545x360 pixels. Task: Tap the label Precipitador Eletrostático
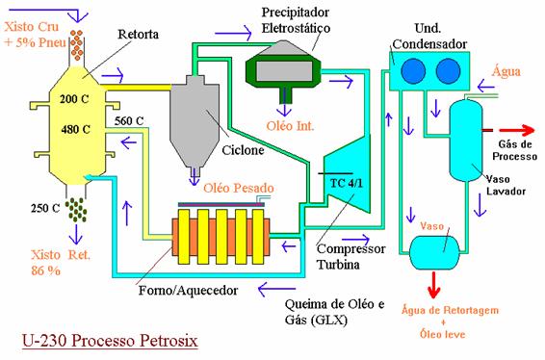pyautogui.click(x=296, y=20)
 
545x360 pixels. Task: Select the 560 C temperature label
pyautogui.click(x=129, y=121)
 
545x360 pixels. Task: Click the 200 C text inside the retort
pyautogui.click(x=74, y=99)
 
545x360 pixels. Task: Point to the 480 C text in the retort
pyautogui.click(x=75, y=130)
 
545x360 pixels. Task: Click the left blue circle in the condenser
pyautogui.click(x=413, y=71)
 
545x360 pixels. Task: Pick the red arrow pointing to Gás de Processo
pyautogui.click(x=517, y=130)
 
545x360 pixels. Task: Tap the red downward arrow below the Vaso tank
pyautogui.click(x=433, y=285)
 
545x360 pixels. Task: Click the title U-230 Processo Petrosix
pyautogui.click(x=110, y=340)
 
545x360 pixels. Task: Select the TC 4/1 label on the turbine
pyautogui.click(x=346, y=183)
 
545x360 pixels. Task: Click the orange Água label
pyautogui.click(x=506, y=71)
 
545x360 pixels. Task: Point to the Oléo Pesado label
pyautogui.click(x=239, y=188)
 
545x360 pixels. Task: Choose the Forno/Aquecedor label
pyautogui.click(x=188, y=290)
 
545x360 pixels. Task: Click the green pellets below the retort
pyautogui.click(x=76, y=210)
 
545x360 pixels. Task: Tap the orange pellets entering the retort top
pyautogui.click(x=76, y=45)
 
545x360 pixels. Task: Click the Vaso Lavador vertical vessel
pyautogui.click(x=466, y=140)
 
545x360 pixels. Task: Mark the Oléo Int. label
pyautogui.click(x=290, y=126)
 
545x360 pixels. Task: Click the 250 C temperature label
pyautogui.click(x=45, y=208)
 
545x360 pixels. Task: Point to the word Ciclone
pyautogui.click(x=243, y=150)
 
